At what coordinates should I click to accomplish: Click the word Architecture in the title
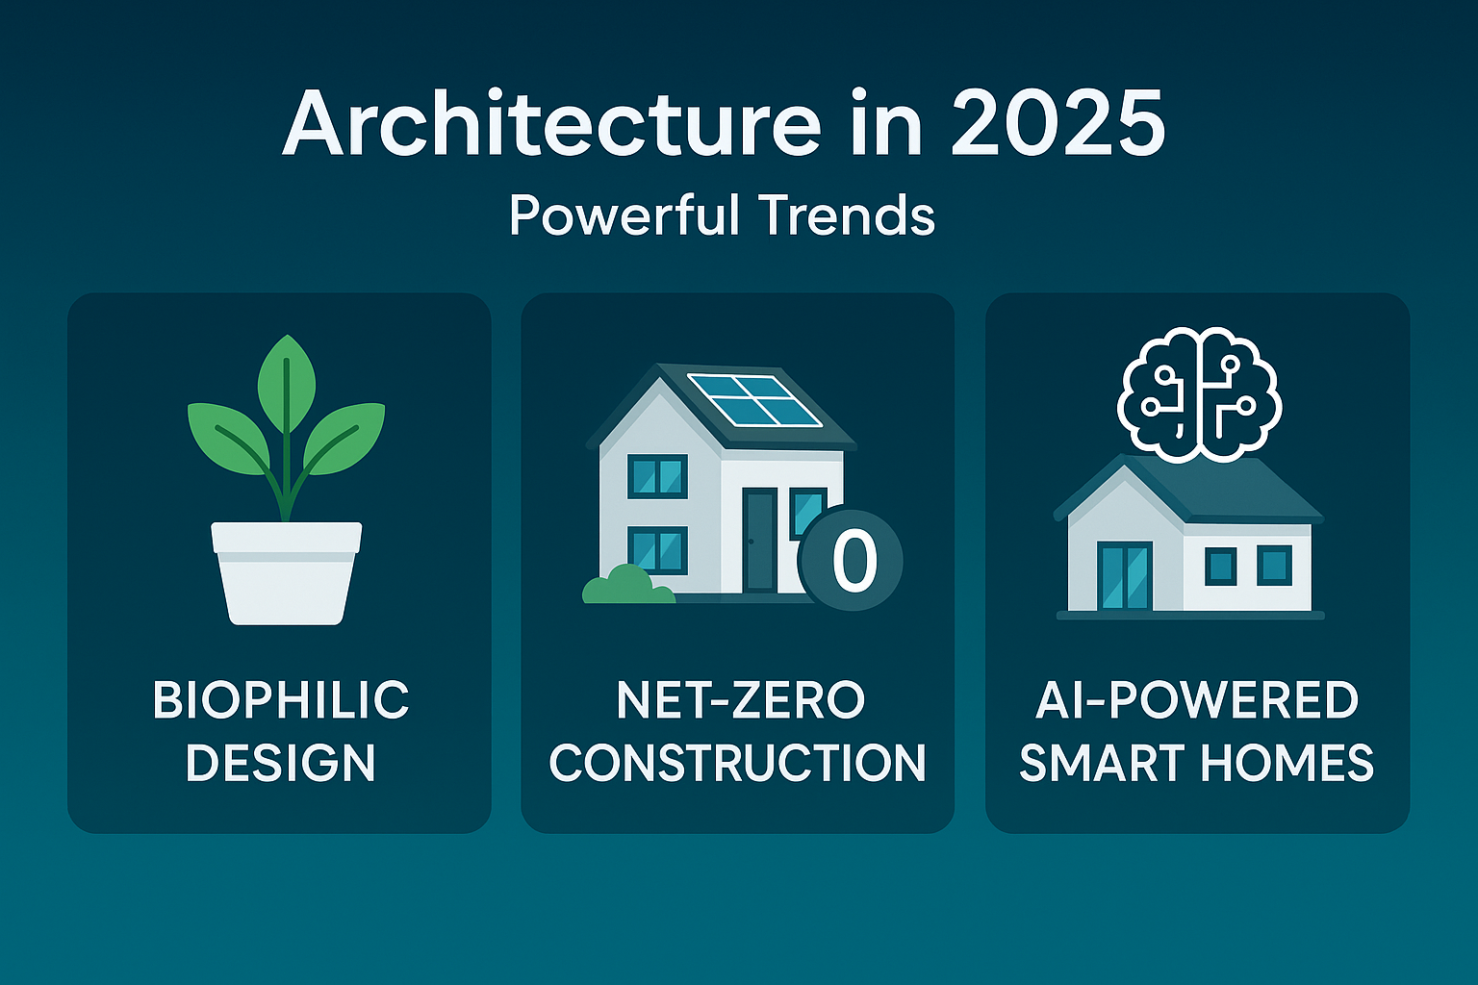click(x=551, y=126)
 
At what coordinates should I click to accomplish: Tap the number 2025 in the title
click(x=1058, y=126)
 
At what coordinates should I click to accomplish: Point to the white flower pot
click(x=286, y=571)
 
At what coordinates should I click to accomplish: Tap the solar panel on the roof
click(x=754, y=399)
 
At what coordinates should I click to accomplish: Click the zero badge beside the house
click(x=852, y=561)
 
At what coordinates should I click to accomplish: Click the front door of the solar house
click(x=759, y=539)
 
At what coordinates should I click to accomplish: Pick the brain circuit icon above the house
click(x=1199, y=392)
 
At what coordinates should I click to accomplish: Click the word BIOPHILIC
click(x=281, y=700)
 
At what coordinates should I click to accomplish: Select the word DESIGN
click(x=280, y=763)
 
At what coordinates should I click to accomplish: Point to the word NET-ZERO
click(x=740, y=700)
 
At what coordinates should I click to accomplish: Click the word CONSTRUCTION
click(x=737, y=763)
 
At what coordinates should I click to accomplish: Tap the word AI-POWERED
click(x=1197, y=700)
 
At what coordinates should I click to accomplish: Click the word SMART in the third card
click(x=1103, y=763)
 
